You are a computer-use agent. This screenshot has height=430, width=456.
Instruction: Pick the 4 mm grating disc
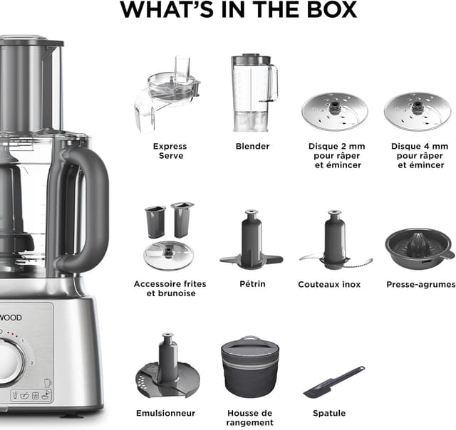coord(417,111)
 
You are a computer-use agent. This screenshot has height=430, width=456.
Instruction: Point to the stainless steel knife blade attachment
coord(334,242)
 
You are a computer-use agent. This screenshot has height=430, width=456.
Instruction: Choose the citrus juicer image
coord(420,249)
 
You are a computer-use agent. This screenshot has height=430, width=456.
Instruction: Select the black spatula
coord(333,382)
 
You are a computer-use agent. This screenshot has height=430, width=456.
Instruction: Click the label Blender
coord(252,146)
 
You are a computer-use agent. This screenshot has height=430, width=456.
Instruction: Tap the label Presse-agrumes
coord(420,284)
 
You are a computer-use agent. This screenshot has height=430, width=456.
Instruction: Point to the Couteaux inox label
coord(329,284)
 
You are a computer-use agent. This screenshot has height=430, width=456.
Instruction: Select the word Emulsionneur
coord(165,413)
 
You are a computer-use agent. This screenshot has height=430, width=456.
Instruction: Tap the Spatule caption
coord(329,413)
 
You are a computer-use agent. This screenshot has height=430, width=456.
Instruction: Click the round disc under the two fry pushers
coord(169,255)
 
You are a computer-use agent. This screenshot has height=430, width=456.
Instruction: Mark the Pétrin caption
coord(251,284)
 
